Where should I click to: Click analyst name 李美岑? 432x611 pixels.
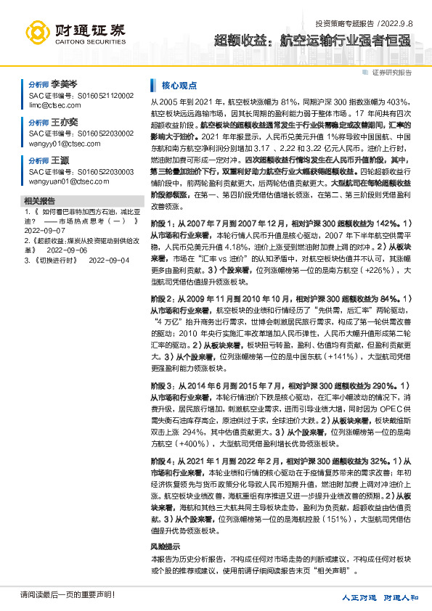64,85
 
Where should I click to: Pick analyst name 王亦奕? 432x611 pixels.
64,123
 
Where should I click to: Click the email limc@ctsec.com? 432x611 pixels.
55,104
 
